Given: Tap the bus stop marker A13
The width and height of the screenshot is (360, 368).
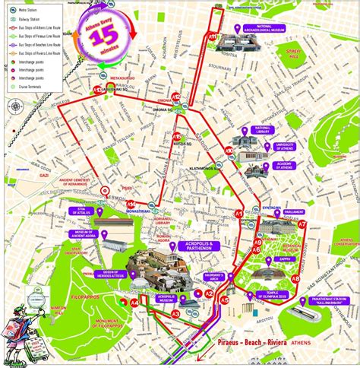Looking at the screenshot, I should [x=98, y=90].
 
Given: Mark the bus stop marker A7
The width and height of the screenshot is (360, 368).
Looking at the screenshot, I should [x=302, y=225].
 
